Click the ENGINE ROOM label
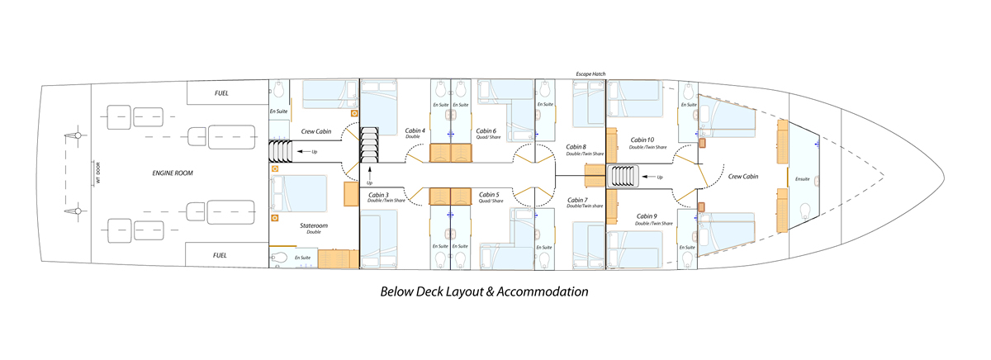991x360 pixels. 173,173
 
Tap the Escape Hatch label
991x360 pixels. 590,73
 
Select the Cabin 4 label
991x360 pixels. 415,130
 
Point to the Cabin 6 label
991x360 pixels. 486,131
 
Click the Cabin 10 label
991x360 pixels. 642,140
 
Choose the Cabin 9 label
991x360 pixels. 647,216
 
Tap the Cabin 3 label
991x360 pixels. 379,195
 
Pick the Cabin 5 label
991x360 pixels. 489,195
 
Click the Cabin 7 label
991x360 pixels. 577,200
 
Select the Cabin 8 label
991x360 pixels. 576,147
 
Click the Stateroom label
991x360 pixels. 314,225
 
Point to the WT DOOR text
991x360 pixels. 98,173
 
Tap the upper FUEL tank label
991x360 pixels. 221,93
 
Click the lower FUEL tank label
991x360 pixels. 220,256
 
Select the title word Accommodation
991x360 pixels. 543,292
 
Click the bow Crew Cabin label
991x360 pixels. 743,177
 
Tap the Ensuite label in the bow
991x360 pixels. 803,179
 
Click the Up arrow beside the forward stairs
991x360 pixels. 648,177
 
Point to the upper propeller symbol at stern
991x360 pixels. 74,135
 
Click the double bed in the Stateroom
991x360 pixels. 299,194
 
